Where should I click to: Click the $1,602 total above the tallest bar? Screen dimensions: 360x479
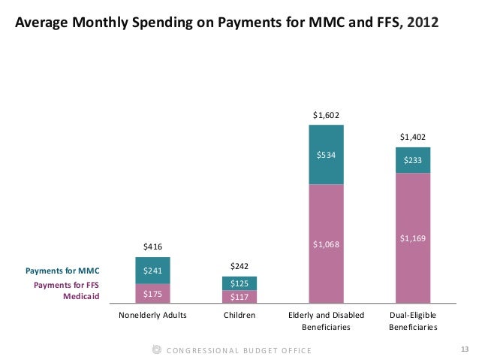[x=326, y=115]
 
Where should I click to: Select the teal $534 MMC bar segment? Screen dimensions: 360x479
[x=326, y=155]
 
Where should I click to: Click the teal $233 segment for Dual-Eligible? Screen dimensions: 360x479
[x=413, y=160]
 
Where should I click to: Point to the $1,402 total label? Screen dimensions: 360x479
[x=413, y=137]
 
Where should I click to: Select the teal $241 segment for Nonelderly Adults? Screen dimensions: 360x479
[x=152, y=271]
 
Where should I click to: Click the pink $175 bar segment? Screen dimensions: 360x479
[x=152, y=293]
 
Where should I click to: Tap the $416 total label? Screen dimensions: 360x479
[x=152, y=247]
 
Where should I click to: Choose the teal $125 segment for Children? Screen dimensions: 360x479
[x=239, y=283]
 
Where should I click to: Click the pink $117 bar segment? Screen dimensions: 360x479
[x=239, y=296]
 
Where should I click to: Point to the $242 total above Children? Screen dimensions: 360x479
[x=239, y=266]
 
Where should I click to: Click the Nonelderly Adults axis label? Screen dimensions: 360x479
[x=152, y=316]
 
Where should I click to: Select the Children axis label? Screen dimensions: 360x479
[x=239, y=316]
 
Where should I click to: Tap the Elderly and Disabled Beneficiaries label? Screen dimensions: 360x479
[x=326, y=322]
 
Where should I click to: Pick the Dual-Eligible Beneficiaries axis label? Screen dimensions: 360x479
[x=413, y=322]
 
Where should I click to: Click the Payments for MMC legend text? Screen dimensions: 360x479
[x=62, y=271]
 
